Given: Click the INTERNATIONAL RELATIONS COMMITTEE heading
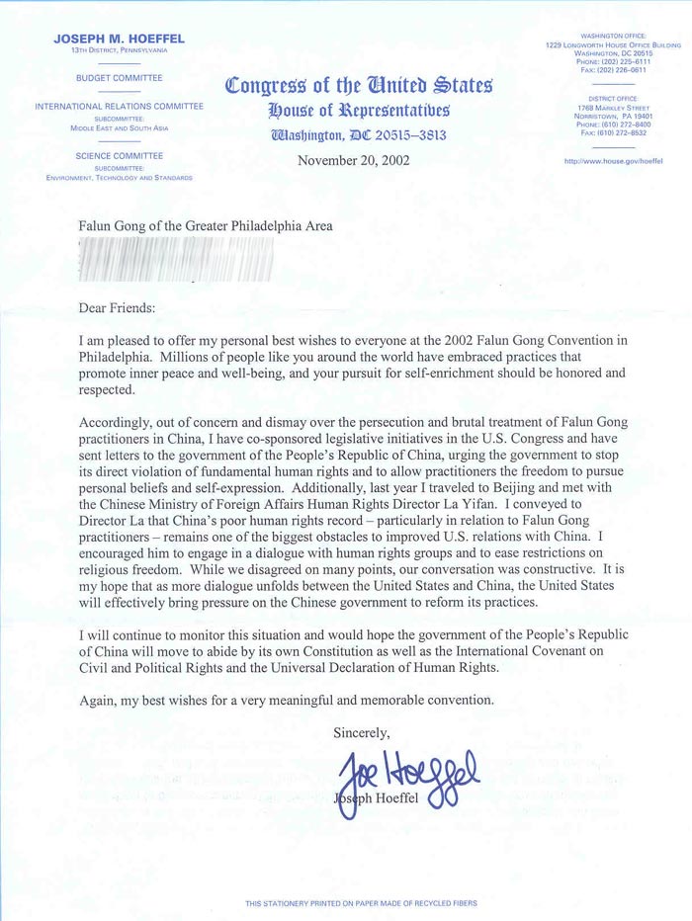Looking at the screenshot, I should (x=119, y=106).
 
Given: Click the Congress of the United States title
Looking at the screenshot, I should (x=358, y=85).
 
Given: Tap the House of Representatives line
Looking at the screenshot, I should (x=358, y=109).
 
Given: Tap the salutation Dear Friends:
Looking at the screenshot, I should (x=118, y=307).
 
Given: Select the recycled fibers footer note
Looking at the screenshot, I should (x=345, y=903).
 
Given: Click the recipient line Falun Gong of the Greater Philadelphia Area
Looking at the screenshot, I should (x=206, y=225).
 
